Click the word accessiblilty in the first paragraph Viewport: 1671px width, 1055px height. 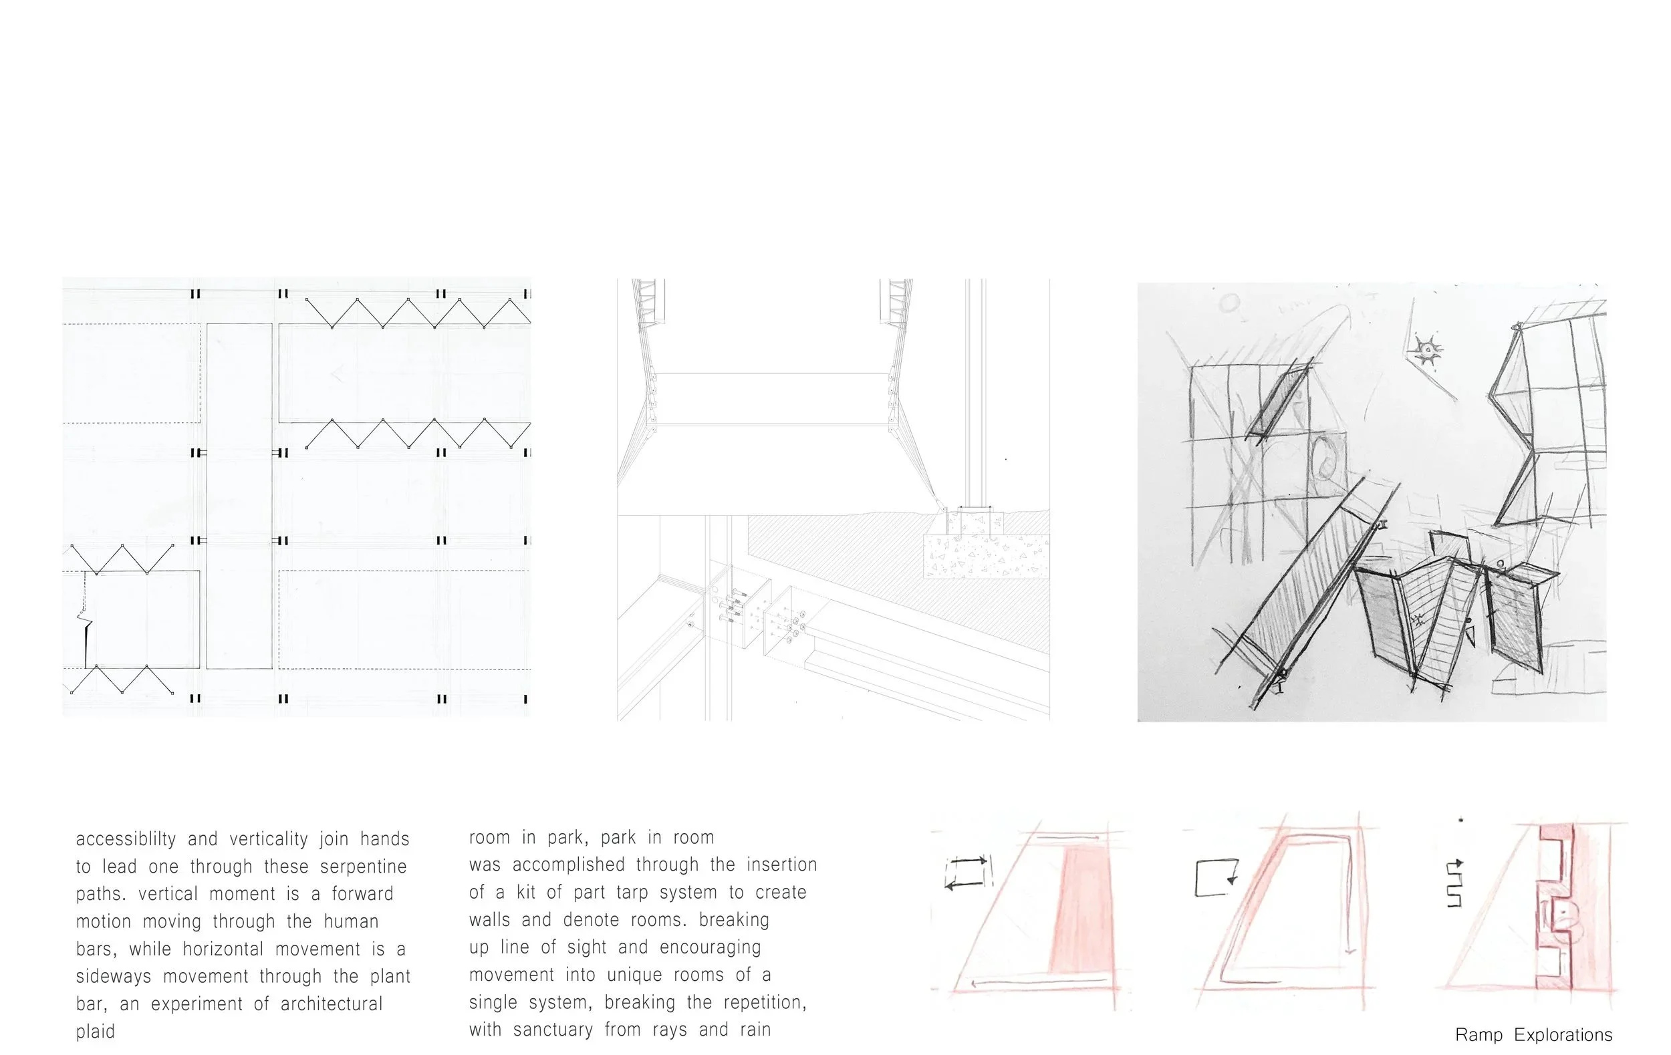[x=126, y=839]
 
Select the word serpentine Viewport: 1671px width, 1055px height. [x=363, y=867]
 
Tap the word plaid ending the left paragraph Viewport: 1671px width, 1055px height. [x=95, y=1032]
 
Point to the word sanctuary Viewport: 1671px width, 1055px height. [x=553, y=1030]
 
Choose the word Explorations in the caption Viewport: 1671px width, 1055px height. [x=1563, y=1035]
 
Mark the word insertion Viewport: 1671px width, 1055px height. [x=781, y=865]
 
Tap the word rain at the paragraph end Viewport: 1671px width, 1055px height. [x=755, y=1030]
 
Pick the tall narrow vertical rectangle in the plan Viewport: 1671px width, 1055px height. [x=239, y=495]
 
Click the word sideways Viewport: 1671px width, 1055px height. [x=113, y=977]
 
